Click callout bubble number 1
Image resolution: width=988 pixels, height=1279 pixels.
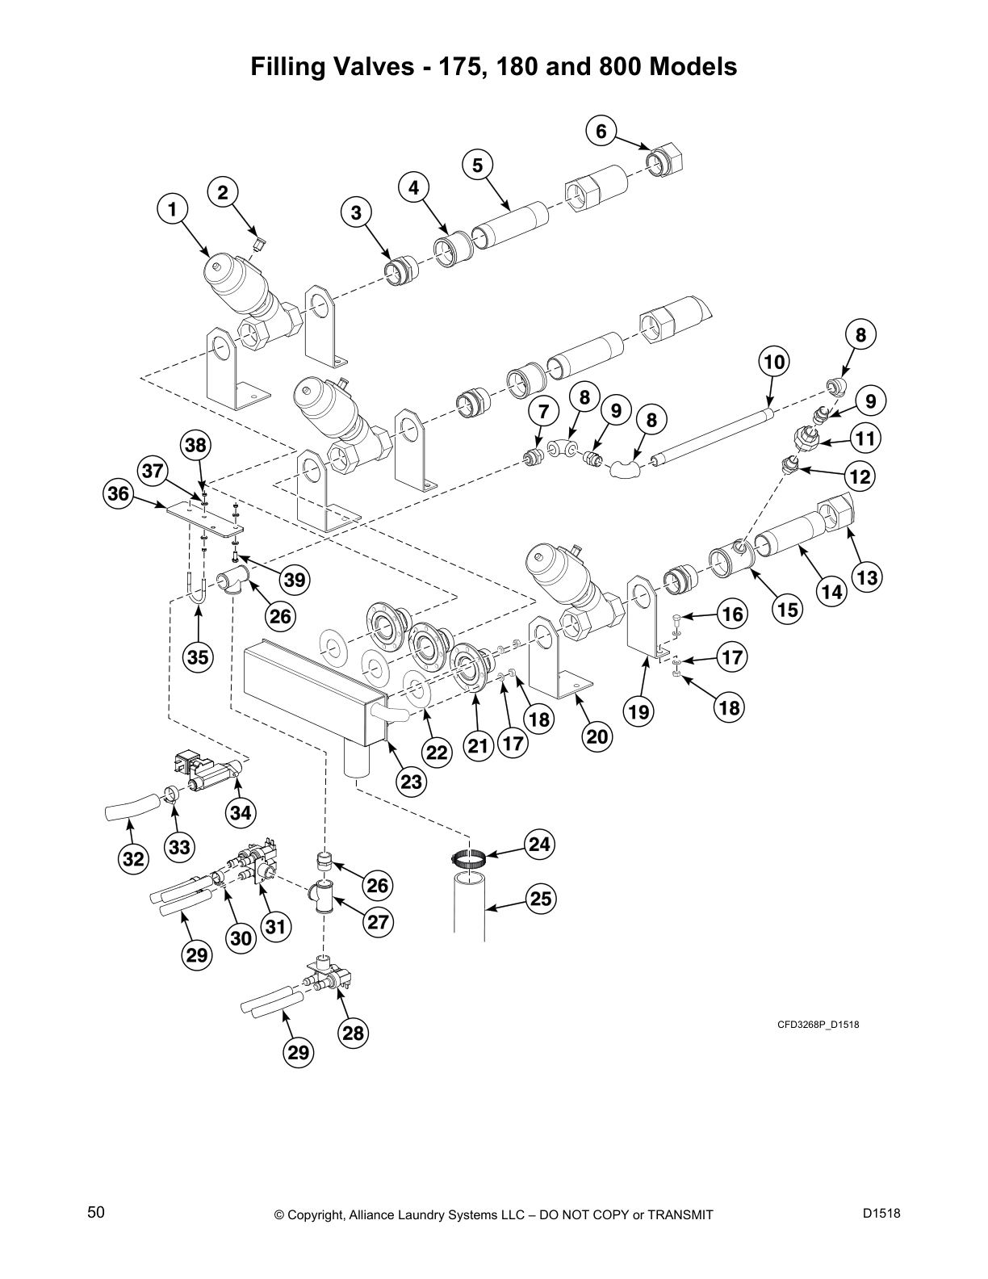(171, 210)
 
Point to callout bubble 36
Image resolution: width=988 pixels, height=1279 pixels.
(119, 493)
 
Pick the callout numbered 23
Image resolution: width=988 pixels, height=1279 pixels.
(412, 782)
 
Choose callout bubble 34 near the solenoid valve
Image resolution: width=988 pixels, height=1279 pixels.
(241, 812)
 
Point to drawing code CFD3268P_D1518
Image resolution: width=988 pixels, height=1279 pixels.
(818, 1025)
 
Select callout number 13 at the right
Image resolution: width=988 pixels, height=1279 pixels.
(867, 578)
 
